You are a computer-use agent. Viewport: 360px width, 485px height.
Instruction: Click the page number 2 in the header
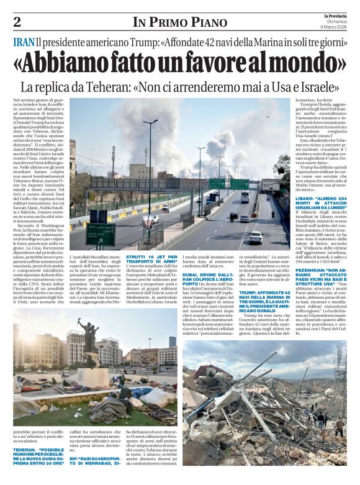[x=17, y=22]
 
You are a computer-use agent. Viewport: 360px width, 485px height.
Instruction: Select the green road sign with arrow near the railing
[x=100, y=233]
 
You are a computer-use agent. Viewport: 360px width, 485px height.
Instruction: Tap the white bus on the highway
[x=245, y=196]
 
